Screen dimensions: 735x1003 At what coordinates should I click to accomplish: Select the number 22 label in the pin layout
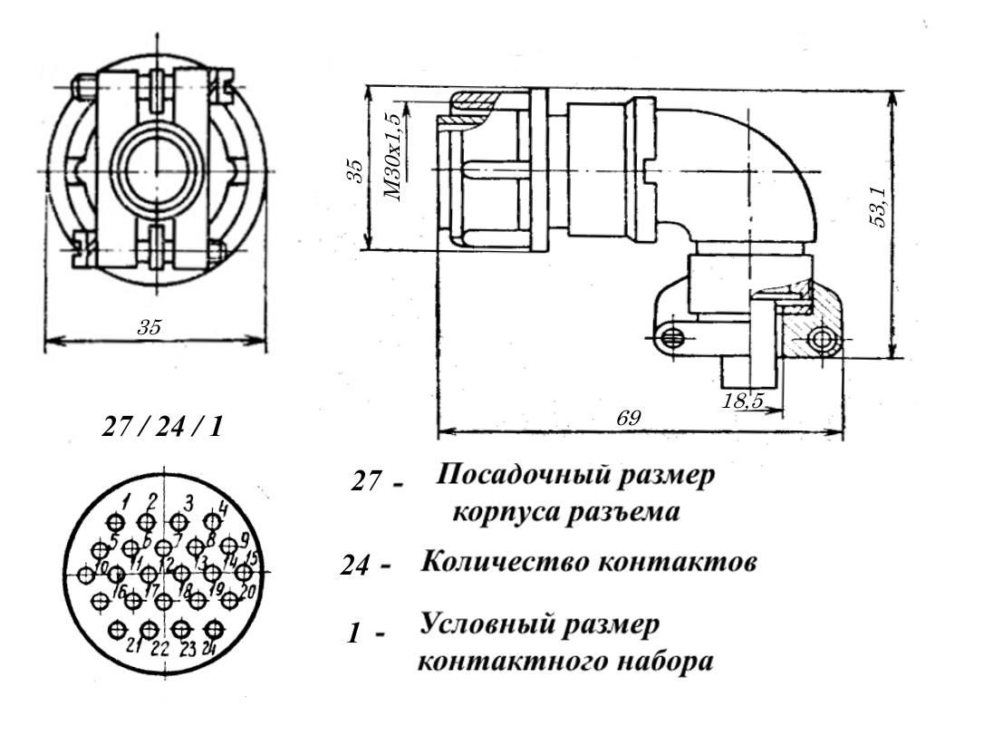[159, 650]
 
